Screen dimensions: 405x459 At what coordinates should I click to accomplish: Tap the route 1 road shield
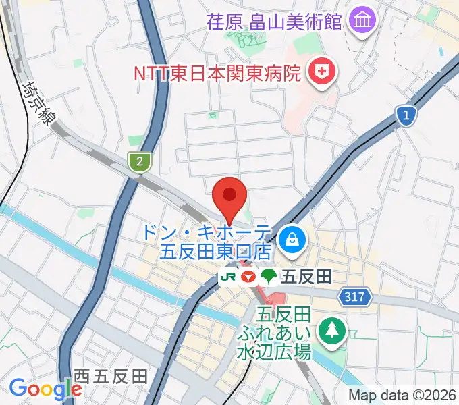[405, 117]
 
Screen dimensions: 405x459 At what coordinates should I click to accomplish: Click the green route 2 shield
[139, 161]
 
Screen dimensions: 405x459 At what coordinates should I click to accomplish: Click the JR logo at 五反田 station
[228, 277]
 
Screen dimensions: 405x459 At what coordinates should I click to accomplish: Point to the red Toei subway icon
[248, 277]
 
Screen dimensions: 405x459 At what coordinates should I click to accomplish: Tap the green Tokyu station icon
[269, 276]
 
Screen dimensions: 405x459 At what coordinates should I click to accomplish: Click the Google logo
[45, 389]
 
